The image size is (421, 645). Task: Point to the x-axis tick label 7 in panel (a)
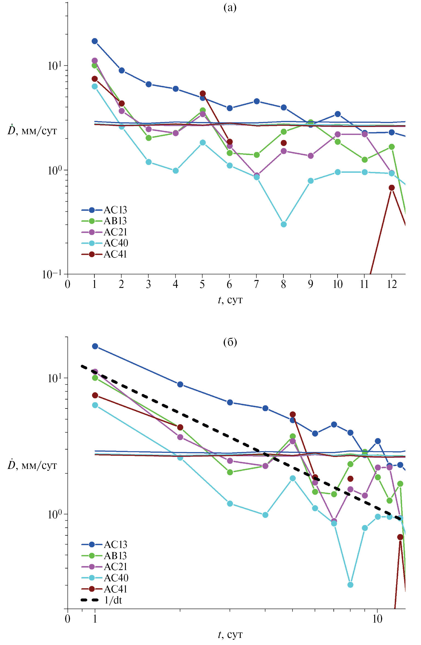[x=256, y=285]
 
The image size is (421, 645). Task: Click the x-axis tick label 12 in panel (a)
[x=392, y=285]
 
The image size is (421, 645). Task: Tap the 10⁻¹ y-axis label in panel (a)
[x=54, y=275]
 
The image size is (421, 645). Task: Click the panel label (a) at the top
[x=230, y=8]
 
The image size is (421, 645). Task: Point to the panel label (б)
[x=230, y=342]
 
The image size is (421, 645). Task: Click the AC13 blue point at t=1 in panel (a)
[x=95, y=41]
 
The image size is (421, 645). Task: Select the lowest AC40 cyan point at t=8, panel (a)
[x=284, y=224]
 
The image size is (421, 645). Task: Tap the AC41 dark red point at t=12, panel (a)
[x=392, y=188]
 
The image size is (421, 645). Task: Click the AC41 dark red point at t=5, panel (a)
[x=203, y=94]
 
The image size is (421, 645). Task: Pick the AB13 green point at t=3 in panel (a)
[x=149, y=138]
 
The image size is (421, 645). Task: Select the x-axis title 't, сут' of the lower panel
[x=230, y=635]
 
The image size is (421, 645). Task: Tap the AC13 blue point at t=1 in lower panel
[x=95, y=346]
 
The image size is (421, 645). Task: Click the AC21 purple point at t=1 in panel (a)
[x=95, y=60]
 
